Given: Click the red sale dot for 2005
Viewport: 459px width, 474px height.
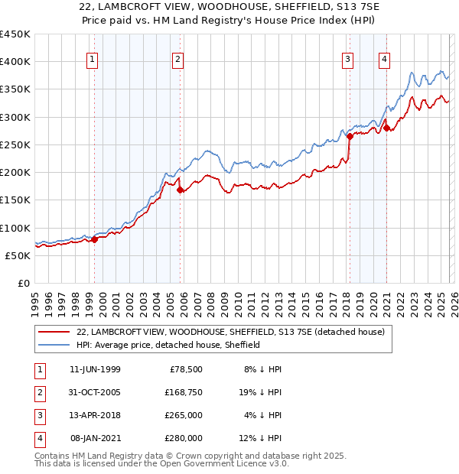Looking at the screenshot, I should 181,190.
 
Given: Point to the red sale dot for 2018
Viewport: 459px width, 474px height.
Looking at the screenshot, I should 350,137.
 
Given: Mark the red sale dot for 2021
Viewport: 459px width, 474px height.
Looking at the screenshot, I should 386,128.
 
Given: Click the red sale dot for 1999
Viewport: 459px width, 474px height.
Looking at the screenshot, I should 95,240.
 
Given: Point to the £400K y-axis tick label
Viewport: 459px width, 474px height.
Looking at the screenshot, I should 15,62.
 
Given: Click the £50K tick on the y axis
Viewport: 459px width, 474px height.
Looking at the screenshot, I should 18,255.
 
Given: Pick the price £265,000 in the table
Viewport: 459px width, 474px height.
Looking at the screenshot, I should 184,416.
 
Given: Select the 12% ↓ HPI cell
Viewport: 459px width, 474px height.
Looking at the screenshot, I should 262,439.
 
